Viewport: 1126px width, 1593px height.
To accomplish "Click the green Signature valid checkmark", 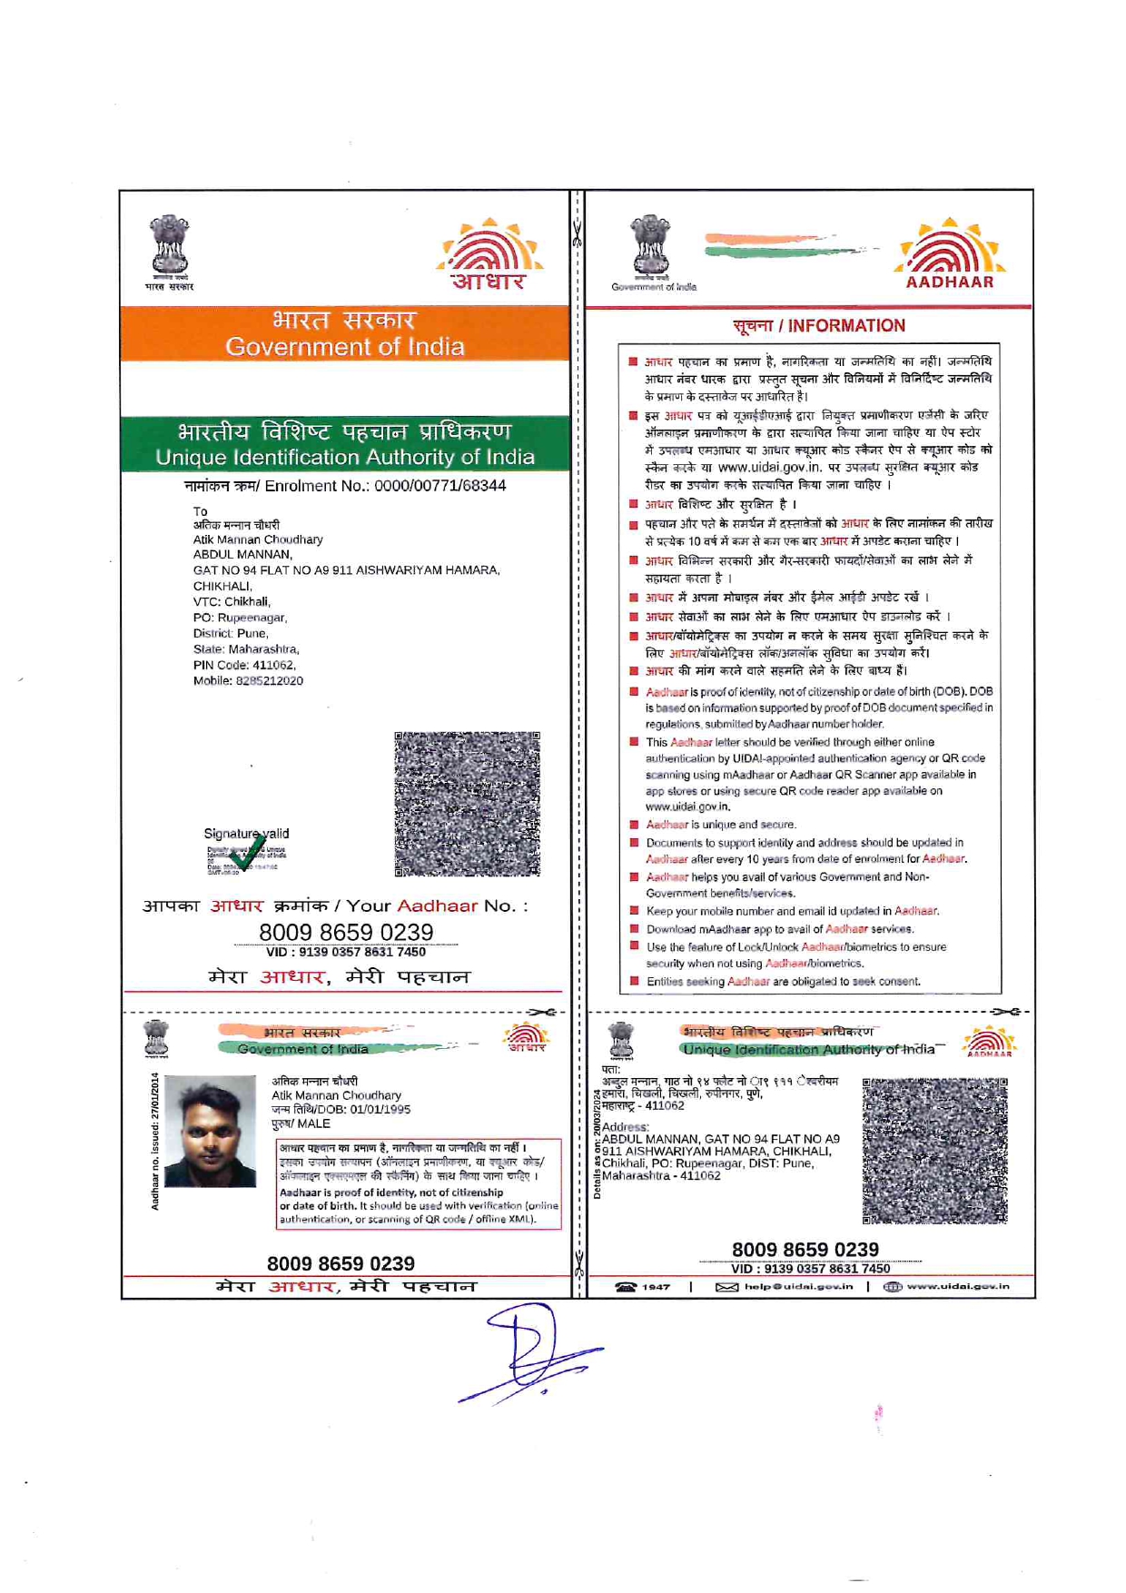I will point(244,854).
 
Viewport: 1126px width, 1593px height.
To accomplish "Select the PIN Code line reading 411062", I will point(244,666).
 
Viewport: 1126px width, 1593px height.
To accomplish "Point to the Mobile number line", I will point(248,681).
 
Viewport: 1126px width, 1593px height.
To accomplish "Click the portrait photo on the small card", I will point(210,1131).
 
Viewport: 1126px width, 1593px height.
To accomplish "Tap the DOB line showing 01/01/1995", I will point(341,1109).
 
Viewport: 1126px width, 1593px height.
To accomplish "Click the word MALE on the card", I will point(313,1123).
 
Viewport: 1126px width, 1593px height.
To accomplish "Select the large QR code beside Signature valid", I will point(467,804).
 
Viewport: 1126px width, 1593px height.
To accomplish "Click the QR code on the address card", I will point(934,1151).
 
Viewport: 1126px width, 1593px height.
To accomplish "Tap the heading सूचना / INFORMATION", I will point(819,326).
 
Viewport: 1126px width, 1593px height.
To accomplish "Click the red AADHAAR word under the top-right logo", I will point(950,282).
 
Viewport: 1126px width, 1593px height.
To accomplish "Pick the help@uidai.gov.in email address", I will point(798,1287).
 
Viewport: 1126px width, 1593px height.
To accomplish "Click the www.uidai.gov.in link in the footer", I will point(957,1287).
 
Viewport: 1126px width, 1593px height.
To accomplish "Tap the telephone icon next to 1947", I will point(626,1287).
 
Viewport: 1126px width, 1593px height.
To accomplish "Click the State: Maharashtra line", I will point(246,649).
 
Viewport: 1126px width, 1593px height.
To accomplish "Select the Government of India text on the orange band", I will point(345,347).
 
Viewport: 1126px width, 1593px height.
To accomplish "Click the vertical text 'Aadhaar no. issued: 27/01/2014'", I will point(155,1141).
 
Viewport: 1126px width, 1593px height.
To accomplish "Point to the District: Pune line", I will point(231,634).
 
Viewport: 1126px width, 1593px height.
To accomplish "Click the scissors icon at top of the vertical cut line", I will point(577,233).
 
